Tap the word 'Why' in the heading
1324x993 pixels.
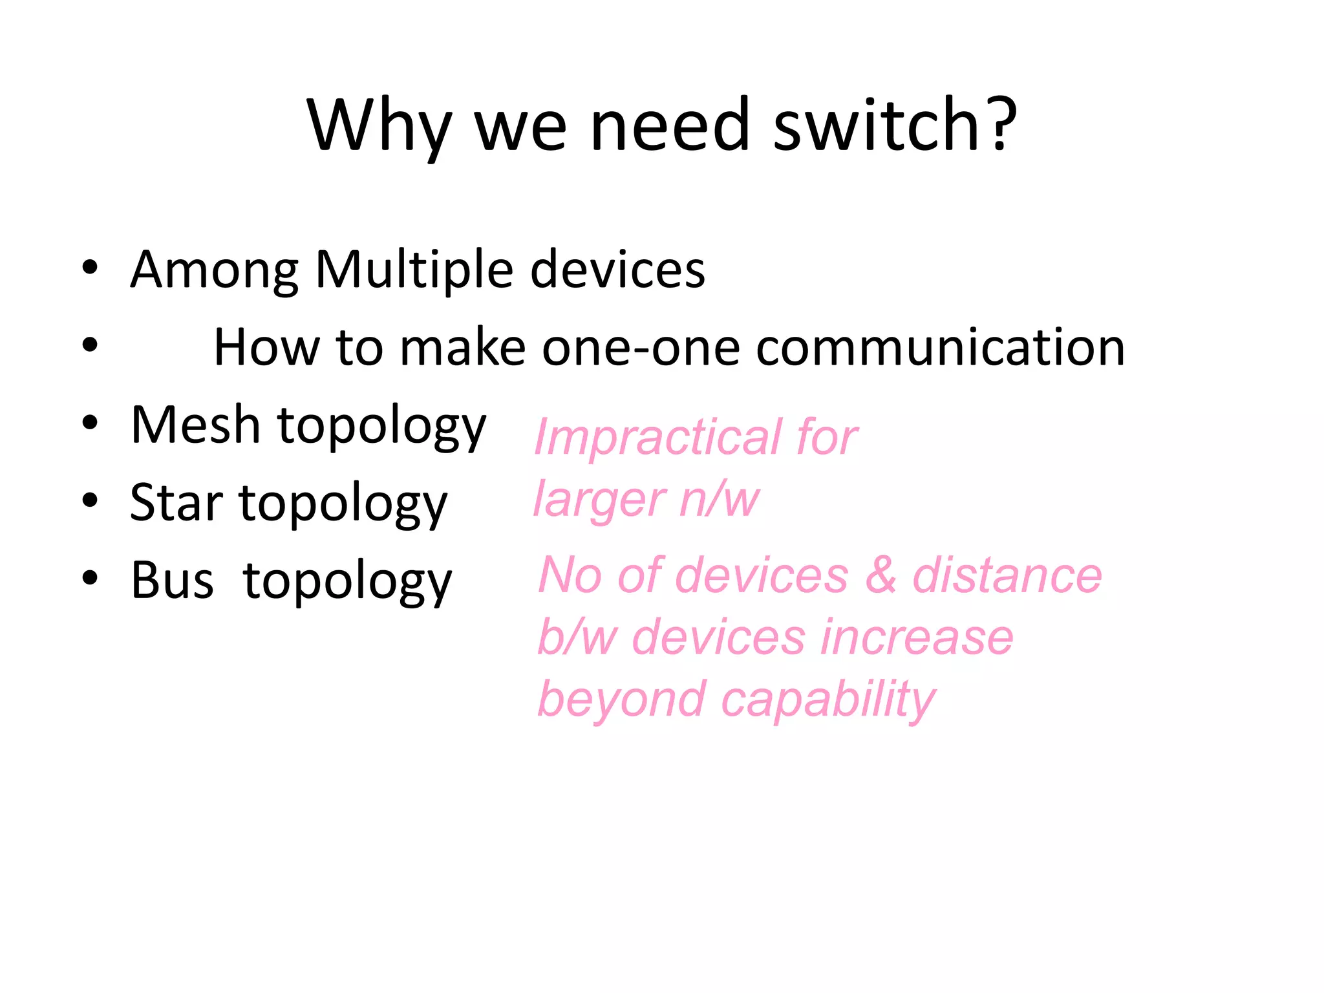(x=379, y=126)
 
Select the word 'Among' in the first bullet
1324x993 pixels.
(x=214, y=270)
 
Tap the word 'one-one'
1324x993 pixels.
(x=641, y=348)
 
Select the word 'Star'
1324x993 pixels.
(x=176, y=503)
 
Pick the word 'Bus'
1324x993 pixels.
(x=172, y=581)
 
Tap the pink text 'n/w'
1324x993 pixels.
(x=720, y=499)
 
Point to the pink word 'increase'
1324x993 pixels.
(x=917, y=637)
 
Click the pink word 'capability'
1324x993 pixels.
(x=828, y=700)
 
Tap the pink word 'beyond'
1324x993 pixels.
(x=621, y=699)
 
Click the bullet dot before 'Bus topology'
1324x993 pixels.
(x=90, y=577)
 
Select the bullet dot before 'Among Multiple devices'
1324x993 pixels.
(x=90, y=266)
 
